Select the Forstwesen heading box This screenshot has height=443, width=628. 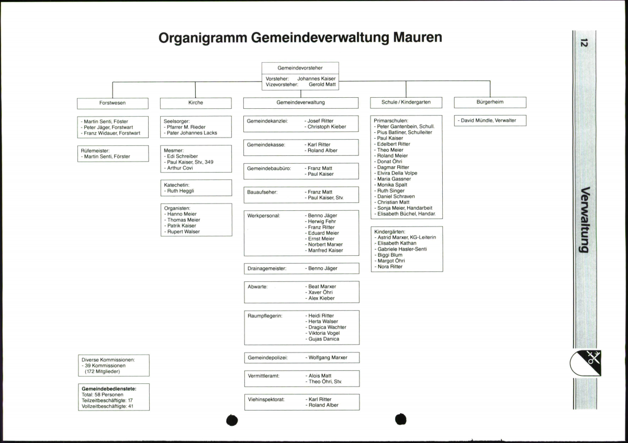pyautogui.click(x=113, y=103)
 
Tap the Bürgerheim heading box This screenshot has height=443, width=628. pyautogui.click(x=490, y=102)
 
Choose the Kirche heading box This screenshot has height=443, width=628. pyautogui.click(x=196, y=103)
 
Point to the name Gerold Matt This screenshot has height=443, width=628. pyautogui.click(x=322, y=84)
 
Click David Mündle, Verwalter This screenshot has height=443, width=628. pyautogui.click(x=488, y=120)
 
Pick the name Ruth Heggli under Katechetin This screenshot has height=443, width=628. pyautogui.click(x=181, y=191)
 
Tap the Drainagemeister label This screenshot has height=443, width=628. pyautogui.click(x=267, y=268)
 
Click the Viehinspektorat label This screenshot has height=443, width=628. pyautogui.click(x=266, y=400)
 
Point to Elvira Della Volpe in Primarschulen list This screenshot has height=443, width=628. pyautogui.click(x=397, y=173)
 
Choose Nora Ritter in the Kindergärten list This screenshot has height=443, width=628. pyautogui.click(x=390, y=267)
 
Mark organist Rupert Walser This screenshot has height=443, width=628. pyautogui.click(x=183, y=232)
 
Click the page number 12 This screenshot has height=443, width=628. pyautogui.click(x=584, y=43)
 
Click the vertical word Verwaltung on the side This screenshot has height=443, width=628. pyautogui.click(x=585, y=220)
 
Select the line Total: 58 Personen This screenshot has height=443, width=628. pyautogui.click(x=103, y=394)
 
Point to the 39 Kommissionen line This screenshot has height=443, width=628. pyautogui.click(x=105, y=366)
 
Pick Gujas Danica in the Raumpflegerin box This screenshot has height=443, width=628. pyautogui.click(x=323, y=339)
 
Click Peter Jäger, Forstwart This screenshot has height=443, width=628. pyautogui.click(x=109, y=127)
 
